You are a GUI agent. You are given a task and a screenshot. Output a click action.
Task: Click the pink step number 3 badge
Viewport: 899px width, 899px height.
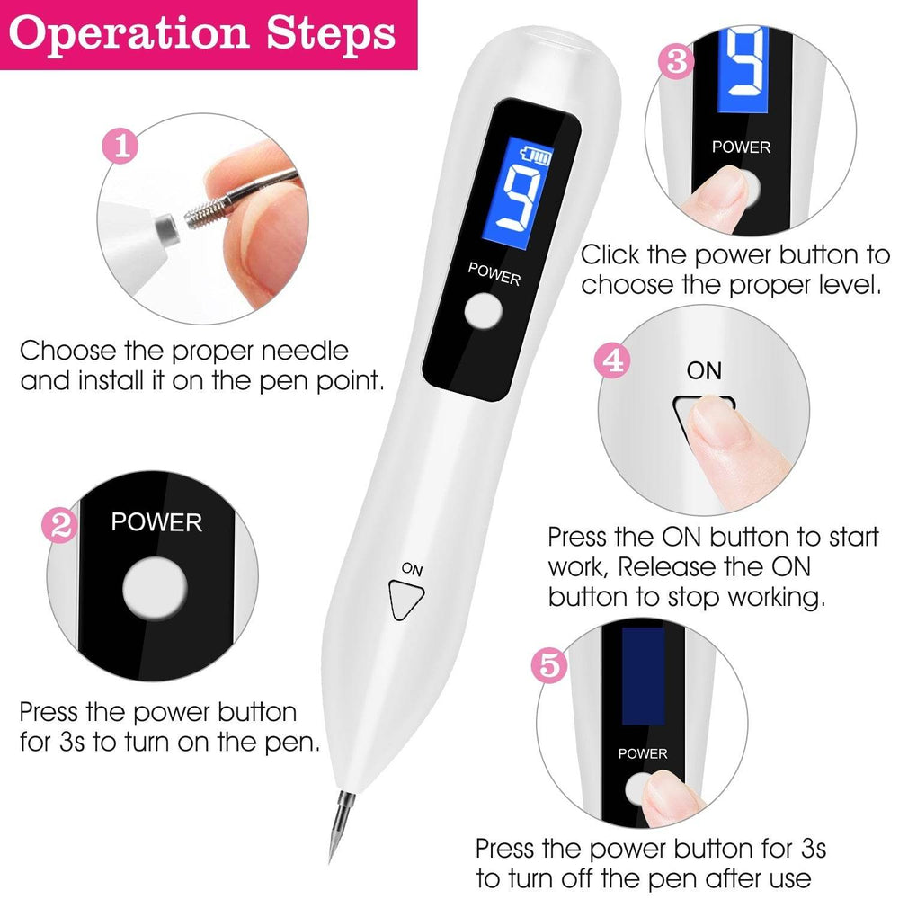[x=676, y=61]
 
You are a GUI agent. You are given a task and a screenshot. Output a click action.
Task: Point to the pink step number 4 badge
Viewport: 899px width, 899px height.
[x=613, y=361]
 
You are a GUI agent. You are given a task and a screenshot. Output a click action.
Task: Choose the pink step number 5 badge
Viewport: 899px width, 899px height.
[x=550, y=666]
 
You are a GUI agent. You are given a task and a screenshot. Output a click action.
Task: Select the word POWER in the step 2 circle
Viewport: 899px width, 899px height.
[x=156, y=522]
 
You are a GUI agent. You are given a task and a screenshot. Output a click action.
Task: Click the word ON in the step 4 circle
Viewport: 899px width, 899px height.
[x=704, y=369]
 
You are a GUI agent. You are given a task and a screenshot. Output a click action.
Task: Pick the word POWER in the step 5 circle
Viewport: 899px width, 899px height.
[x=642, y=752]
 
